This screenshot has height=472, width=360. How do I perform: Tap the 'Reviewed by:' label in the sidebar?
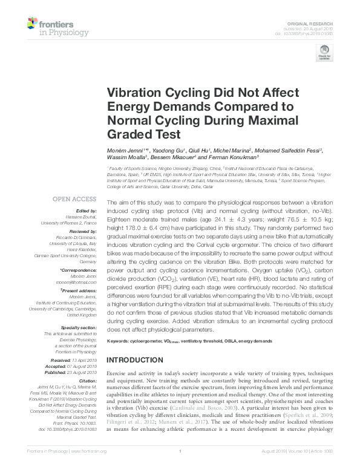click(x=84, y=231)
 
